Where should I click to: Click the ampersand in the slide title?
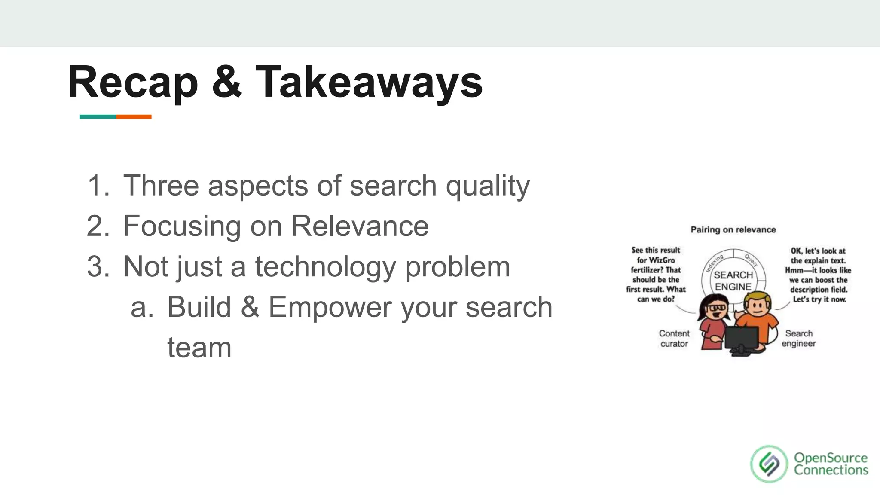[x=226, y=82]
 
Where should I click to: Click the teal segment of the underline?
[x=98, y=117]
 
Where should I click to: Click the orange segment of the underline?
[x=134, y=117]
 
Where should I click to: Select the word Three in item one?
[x=161, y=186]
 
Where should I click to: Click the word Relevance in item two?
[x=360, y=226]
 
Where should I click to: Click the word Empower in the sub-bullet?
[x=330, y=307]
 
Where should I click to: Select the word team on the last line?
[x=199, y=348]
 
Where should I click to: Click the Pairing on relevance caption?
[x=733, y=230]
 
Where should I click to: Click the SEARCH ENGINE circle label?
[x=733, y=281]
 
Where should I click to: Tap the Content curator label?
[x=674, y=339]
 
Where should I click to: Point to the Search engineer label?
[x=798, y=339]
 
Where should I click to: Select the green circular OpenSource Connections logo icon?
[x=769, y=464]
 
